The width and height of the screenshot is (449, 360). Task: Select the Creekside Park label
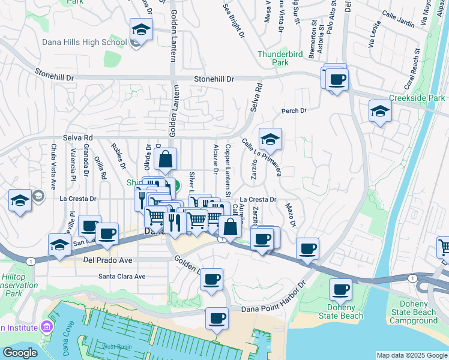(x=417, y=98)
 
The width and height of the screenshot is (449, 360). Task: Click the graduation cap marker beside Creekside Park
(x=380, y=112)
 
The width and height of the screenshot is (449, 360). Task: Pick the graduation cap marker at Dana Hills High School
(x=141, y=29)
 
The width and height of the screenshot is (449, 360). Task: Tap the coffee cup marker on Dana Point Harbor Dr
(x=217, y=318)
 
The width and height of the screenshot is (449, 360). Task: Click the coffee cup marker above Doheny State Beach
(x=340, y=290)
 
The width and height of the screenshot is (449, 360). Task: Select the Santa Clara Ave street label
(x=122, y=277)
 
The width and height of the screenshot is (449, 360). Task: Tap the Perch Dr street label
(x=294, y=111)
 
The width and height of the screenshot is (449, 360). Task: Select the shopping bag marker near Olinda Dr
(x=165, y=160)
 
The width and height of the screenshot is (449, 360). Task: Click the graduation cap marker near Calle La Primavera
(x=270, y=140)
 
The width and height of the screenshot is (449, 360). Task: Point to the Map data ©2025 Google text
(x=411, y=355)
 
